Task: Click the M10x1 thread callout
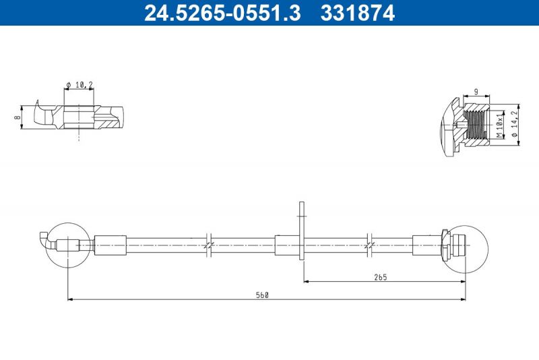tap(499, 125)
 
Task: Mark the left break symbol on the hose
tap(209, 243)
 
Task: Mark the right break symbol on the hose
tap(369, 243)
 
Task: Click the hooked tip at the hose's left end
tap(43, 239)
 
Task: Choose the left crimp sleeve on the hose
tap(110, 245)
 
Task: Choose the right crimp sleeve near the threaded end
tap(426, 245)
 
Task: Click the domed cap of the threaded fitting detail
tap(445, 126)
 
